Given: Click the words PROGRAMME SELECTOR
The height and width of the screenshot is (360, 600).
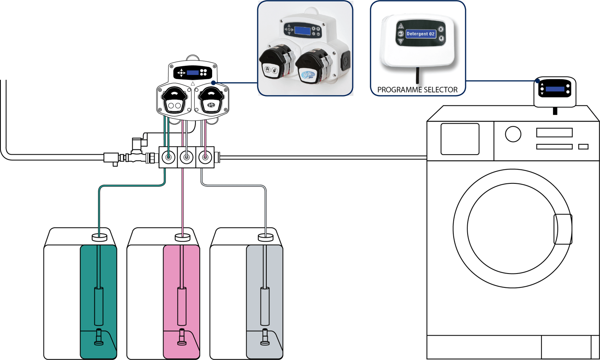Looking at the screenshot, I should click(x=417, y=90).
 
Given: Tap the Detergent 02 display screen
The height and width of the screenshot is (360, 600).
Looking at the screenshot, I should click(x=421, y=34).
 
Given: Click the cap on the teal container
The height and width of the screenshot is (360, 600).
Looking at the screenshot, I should click(x=99, y=238).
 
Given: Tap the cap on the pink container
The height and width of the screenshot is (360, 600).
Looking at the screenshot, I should click(x=183, y=238).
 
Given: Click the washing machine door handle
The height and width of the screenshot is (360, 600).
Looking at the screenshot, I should click(x=563, y=229).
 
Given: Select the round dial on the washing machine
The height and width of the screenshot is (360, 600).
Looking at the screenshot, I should click(x=513, y=134).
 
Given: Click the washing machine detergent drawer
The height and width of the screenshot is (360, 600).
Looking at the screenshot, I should click(x=460, y=139).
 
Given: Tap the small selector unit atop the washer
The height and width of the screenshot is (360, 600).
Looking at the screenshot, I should click(x=555, y=91).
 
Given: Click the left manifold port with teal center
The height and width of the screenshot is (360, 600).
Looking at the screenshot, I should click(x=168, y=157).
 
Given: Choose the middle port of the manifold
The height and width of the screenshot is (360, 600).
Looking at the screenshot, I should click(x=186, y=157).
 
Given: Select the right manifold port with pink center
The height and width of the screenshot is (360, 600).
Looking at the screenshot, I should click(x=205, y=157).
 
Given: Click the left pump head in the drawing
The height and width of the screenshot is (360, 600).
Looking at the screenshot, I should click(x=174, y=101).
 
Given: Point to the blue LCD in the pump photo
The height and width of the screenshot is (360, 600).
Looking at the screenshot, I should click(x=302, y=30).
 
